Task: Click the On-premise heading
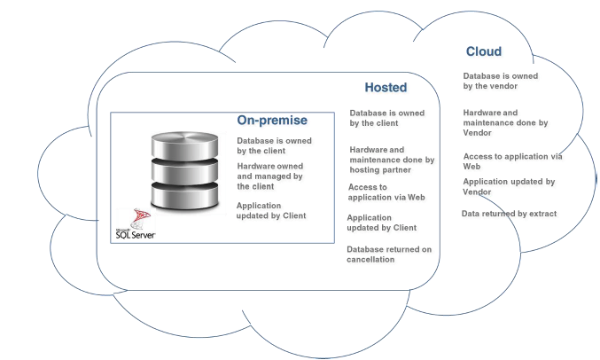pyautogui.click(x=271, y=121)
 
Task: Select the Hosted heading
pyautogui.click(x=386, y=88)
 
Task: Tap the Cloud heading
pyautogui.click(x=484, y=51)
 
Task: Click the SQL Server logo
pyautogui.click(x=135, y=227)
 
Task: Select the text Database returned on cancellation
pyautogui.click(x=389, y=254)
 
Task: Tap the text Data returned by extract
pyautogui.click(x=509, y=214)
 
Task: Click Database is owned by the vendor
pyautogui.click(x=500, y=81)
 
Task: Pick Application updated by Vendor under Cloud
pyautogui.click(x=509, y=186)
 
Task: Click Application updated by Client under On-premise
pyautogui.click(x=270, y=210)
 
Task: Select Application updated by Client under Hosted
pyautogui.click(x=381, y=223)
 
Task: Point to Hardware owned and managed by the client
pyautogui.click(x=270, y=176)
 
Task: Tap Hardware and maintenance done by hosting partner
pyautogui.click(x=392, y=160)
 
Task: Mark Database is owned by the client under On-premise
pyautogui.click(x=270, y=146)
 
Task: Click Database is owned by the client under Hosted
pyautogui.click(x=386, y=118)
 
